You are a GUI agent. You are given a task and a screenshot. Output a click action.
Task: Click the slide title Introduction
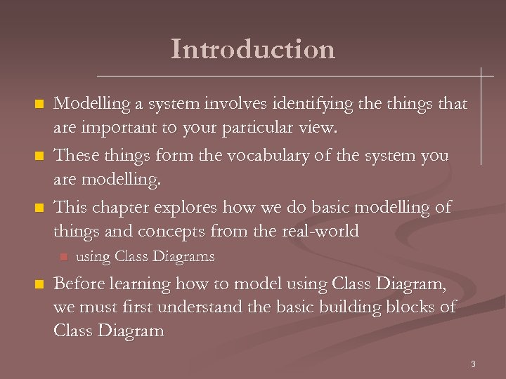[x=253, y=49]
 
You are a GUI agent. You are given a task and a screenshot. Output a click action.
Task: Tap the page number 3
[x=473, y=364]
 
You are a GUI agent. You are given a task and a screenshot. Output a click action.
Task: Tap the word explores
[x=184, y=207]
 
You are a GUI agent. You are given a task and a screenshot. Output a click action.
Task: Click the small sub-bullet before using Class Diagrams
[x=62, y=257]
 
